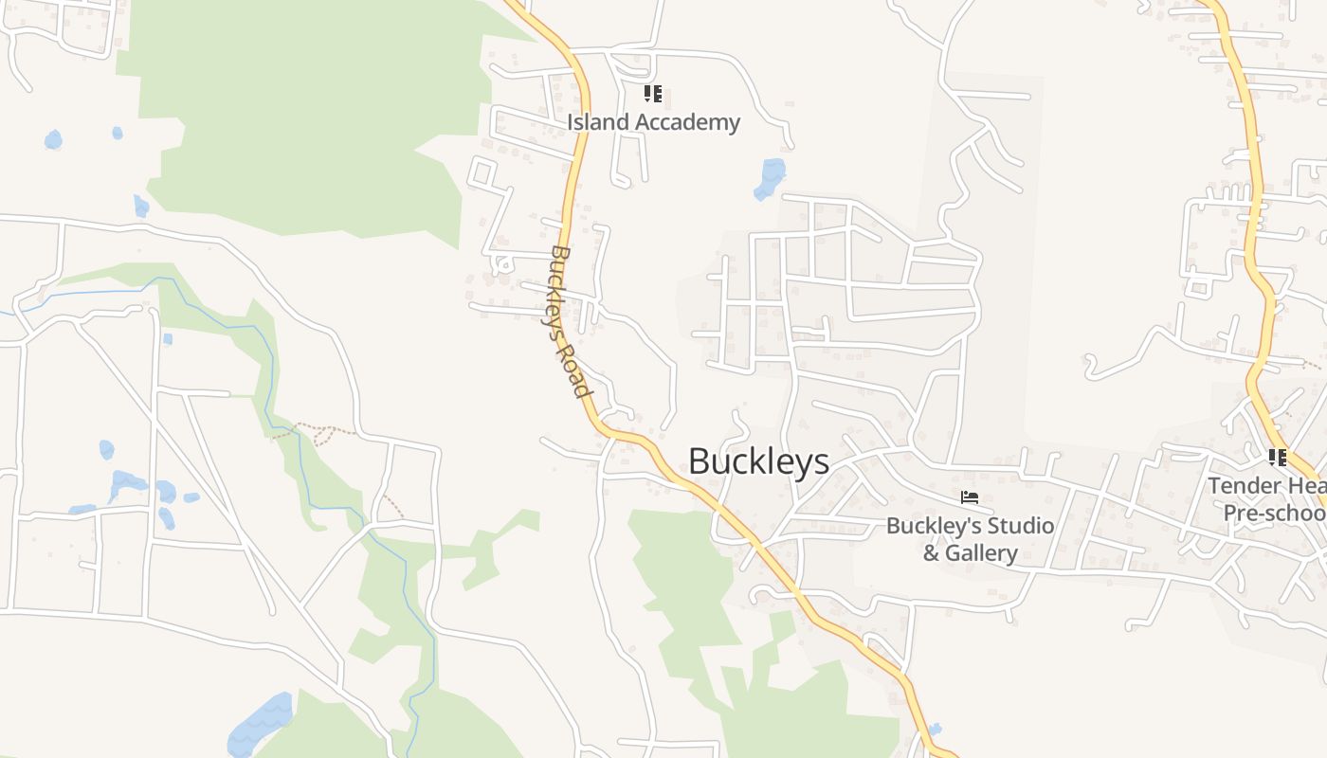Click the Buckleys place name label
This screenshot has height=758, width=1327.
(x=758, y=462)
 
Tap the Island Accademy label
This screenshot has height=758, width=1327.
(x=653, y=122)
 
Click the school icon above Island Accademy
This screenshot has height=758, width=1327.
(x=653, y=94)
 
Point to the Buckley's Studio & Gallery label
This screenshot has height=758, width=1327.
(x=970, y=539)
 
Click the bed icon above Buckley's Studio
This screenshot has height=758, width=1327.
(x=970, y=497)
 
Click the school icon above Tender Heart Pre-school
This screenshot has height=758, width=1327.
(x=1278, y=458)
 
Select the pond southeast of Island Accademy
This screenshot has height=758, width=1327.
(x=771, y=178)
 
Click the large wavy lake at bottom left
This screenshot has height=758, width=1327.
(x=263, y=725)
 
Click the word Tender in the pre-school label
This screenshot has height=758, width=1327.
(x=1238, y=486)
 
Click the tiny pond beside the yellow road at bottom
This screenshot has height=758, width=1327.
(x=936, y=730)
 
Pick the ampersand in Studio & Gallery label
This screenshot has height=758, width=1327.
(x=931, y=553)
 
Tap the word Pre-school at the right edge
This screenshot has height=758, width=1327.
(x=1274, y=513)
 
